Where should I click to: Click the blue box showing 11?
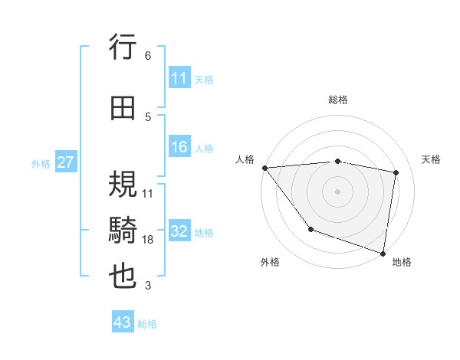(179, 78)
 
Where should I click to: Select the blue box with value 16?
(179, 148)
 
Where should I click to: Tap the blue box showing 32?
(179, 232)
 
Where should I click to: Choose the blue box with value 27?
(65, 162)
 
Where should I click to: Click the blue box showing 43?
(123, 322)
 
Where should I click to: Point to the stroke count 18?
(148, 240)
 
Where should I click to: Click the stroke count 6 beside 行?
(148, 56)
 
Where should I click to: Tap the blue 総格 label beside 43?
(147, 324)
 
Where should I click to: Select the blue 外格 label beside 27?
(41, 163)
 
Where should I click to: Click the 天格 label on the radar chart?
(432, 159)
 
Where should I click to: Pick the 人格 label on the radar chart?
(245, 159)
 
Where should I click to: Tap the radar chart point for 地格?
(383, 252)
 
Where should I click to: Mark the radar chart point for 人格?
(264, 168)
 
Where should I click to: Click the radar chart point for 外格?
(310, 229)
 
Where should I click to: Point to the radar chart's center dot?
(337, 191)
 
